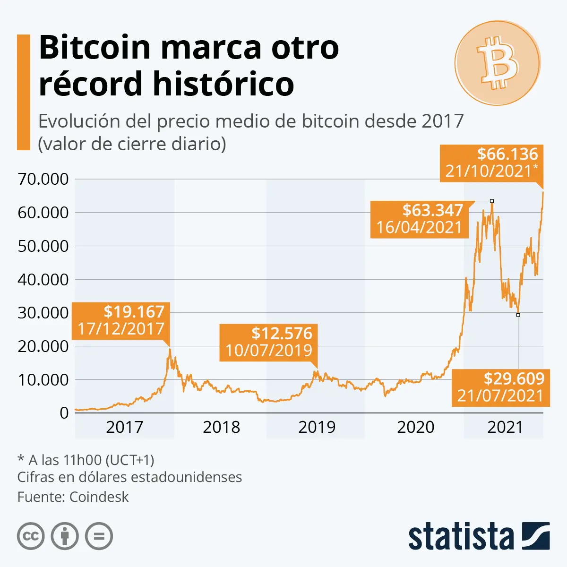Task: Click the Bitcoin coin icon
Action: (x=498, y=63)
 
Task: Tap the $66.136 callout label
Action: (x=491, y=163)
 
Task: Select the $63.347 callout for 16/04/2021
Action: (x=419, y=219)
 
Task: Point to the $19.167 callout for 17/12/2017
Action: (x=121, y=320)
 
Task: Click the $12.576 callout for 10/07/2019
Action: (x=268, y=342)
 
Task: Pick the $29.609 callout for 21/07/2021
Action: (x=501, y=387)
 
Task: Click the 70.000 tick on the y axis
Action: (x=43, y=179)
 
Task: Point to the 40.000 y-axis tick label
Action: (x=43, y=279)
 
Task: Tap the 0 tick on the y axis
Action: (x=64, y=413)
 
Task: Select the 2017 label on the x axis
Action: (x=124, y=427)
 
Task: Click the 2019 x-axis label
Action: (x=317, y=427)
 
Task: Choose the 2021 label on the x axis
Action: (x=505, y=427)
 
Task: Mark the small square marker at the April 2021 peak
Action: (x=492, y=201)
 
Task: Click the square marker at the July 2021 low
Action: (x=518, y=315)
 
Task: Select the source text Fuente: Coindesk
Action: (x=73, y=497)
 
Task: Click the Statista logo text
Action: (x=461, y=537)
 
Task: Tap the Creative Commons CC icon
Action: (x=31, y=536)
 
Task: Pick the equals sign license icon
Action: (x=99, y=536)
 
